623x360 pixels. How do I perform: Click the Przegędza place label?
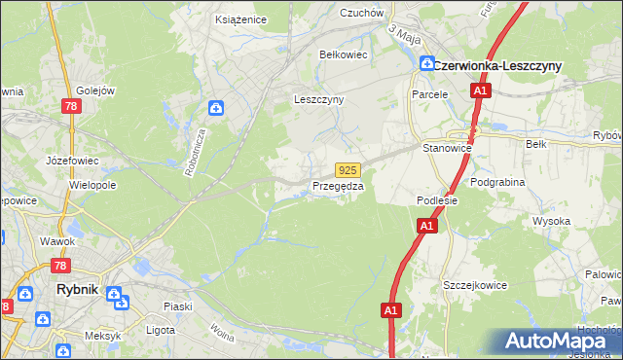338,186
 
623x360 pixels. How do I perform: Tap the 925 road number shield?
349,169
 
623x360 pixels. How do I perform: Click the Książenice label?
241,18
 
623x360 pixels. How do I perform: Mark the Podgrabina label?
497,181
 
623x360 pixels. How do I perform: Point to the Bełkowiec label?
344,54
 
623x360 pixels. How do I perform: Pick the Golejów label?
96,90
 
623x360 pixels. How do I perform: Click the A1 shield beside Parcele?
480,90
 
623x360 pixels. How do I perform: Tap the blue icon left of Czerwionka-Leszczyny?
426,63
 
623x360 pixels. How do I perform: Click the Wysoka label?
551,221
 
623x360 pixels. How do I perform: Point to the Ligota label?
157,330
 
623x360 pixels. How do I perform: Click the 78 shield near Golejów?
70,107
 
